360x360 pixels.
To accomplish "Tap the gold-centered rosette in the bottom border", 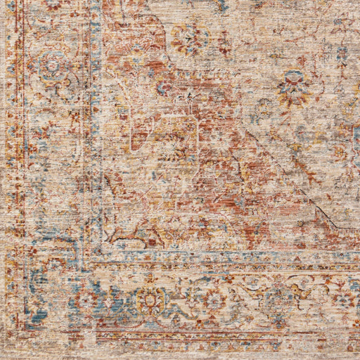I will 150,300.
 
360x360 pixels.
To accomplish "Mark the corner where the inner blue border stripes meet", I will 94,257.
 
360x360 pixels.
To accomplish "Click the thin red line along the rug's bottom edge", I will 211,330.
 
